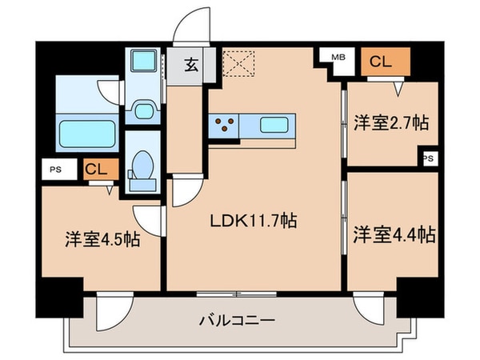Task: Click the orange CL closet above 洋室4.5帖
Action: pos(94,169)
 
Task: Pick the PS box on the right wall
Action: pos(429,158)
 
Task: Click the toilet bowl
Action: pos(145,167)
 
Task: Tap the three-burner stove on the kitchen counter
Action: pos(225,125)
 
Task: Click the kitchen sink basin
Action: pos(276,125)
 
